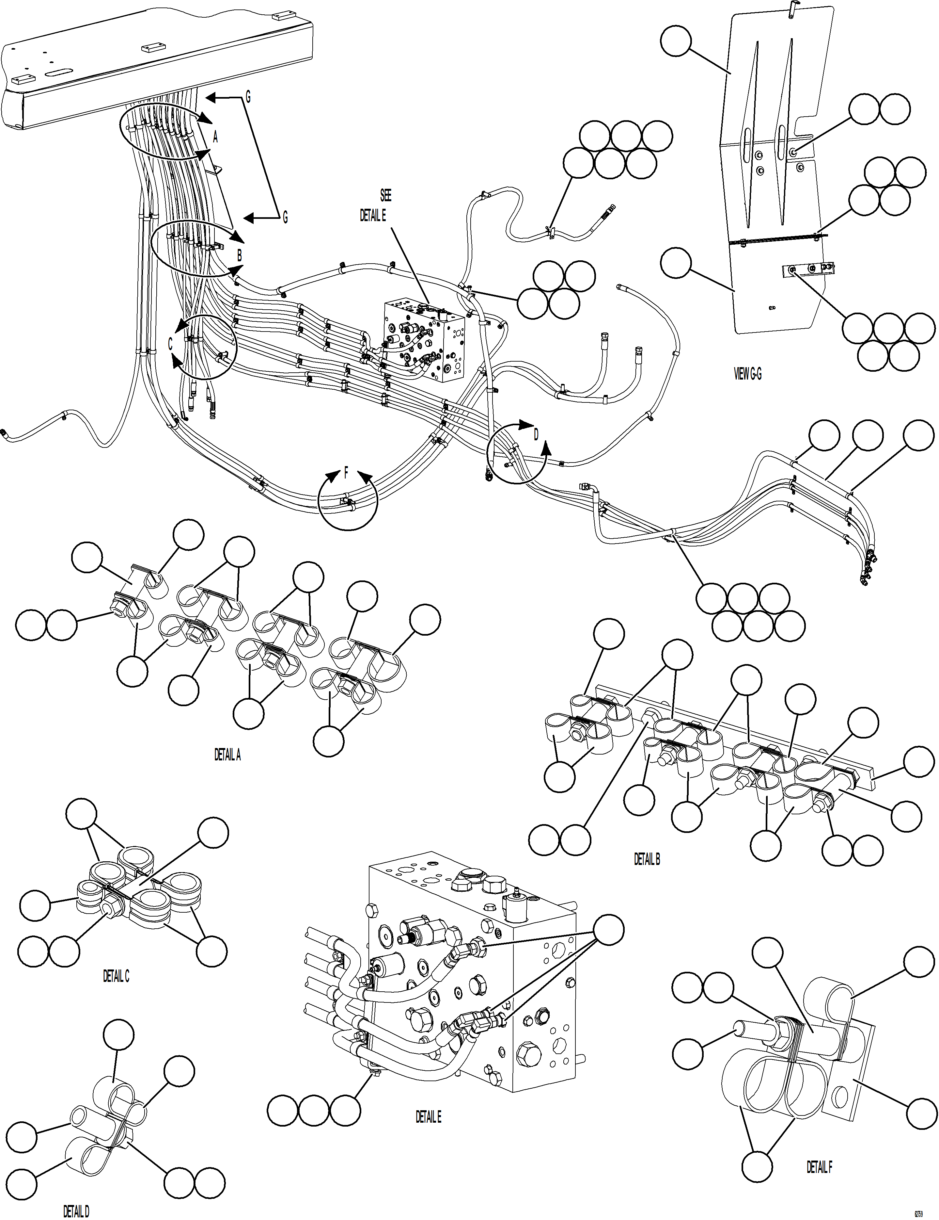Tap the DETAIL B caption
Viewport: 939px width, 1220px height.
647,859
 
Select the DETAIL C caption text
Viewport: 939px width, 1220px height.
116,976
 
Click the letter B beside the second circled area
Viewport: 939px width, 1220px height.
240,256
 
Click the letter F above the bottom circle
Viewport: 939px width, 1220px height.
346,474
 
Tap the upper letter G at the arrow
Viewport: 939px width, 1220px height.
248,98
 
